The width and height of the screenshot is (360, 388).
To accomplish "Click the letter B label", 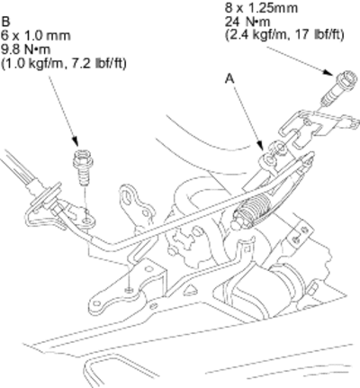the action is [x=6, y=22].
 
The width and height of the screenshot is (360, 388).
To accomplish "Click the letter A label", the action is [x=229, y=78].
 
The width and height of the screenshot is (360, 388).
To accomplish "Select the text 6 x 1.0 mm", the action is [x=36, y=36].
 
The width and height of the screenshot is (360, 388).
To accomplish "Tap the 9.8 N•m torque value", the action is [x=26, y=49].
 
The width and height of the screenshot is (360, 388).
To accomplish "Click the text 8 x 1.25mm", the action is [x=261, y=8].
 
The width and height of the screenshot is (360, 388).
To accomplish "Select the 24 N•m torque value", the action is [x=247, y=22].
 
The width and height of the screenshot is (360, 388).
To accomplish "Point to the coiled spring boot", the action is [x=254, y=208].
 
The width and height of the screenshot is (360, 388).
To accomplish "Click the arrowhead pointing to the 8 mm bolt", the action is [x=328, y=72].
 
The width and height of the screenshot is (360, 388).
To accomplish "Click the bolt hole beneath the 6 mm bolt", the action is [x=87, y=221].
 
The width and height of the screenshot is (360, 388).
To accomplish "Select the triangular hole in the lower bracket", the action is [x=189, y=290].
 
